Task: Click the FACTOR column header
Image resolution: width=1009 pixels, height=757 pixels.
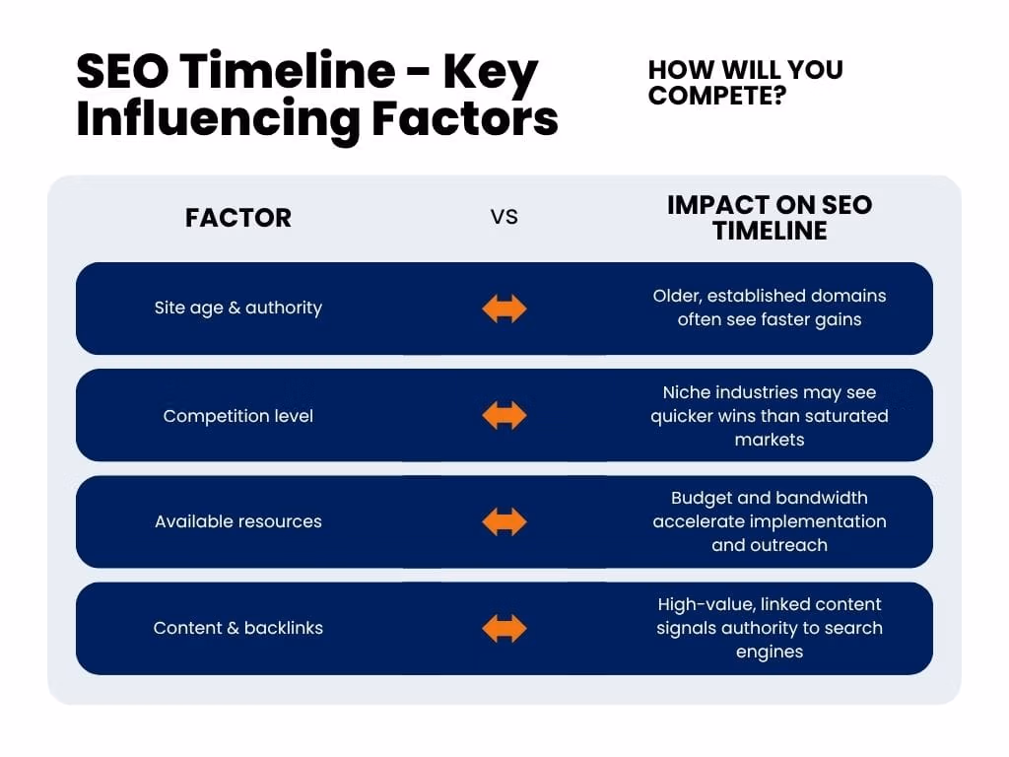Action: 238,218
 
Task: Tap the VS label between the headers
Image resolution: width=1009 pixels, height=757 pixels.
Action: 504,217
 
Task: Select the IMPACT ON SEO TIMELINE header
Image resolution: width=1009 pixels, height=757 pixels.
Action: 770,218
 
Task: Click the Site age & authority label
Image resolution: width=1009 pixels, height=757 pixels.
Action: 238,308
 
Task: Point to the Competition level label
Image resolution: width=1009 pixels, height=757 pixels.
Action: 238,416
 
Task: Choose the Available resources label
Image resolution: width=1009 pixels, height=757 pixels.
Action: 238,521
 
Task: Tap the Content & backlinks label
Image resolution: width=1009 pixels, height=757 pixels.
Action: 238,628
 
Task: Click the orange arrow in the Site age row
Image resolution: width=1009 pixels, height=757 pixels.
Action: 504,309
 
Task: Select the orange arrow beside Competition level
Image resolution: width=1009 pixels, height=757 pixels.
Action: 504,415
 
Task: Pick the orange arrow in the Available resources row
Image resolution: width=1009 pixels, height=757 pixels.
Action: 504,521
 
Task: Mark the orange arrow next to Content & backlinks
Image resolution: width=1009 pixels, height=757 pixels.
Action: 504,628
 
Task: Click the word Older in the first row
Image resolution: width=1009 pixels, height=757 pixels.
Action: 677,296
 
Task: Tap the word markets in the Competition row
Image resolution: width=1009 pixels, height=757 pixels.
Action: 770,440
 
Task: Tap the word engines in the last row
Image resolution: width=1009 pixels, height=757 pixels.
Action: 770,653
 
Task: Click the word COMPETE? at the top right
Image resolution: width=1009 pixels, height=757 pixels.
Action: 717,96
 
